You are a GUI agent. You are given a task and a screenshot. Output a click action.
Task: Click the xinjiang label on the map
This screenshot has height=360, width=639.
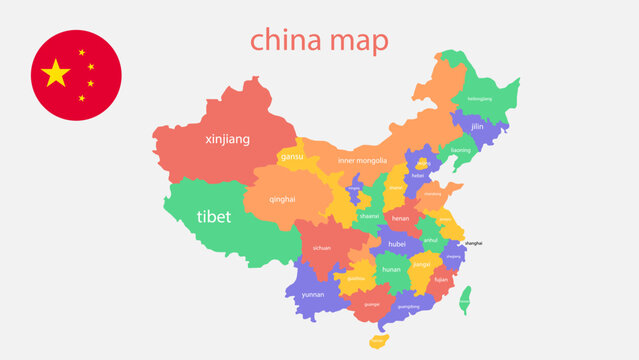[227, 139]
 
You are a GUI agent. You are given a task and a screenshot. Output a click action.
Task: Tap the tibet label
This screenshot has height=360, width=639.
[213, 216]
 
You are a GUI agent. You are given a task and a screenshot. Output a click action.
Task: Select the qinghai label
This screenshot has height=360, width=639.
[282, 199]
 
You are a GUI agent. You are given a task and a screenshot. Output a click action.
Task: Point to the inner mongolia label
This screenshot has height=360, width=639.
[361, 160]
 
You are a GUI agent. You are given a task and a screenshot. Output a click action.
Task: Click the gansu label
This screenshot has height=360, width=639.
[292, 156]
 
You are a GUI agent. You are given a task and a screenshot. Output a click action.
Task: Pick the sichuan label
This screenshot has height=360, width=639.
[321, 246]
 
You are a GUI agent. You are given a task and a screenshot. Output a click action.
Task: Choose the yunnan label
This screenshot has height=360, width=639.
[313, 295]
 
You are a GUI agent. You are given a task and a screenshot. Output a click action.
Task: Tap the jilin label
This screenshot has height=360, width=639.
[477, 127]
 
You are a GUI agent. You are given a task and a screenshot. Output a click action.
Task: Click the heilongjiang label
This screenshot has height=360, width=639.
[480, 99]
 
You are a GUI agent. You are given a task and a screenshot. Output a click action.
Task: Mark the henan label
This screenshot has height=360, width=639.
[400, 218]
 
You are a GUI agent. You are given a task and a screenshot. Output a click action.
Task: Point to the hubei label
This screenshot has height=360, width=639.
[397, 243]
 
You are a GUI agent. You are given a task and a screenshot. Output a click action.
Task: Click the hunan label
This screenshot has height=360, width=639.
[391, 269]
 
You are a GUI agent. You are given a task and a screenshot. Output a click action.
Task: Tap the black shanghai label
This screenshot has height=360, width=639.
[473, 243]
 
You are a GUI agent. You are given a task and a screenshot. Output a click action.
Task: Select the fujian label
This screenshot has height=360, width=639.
[441, 280]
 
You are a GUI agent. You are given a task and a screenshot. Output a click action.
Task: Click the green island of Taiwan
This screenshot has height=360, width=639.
[465, 299]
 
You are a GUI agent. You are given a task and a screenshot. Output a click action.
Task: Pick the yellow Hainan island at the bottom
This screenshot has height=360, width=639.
[377, 341]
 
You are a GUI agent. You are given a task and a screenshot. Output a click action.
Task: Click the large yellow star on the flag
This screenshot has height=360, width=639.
[56, 72]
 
